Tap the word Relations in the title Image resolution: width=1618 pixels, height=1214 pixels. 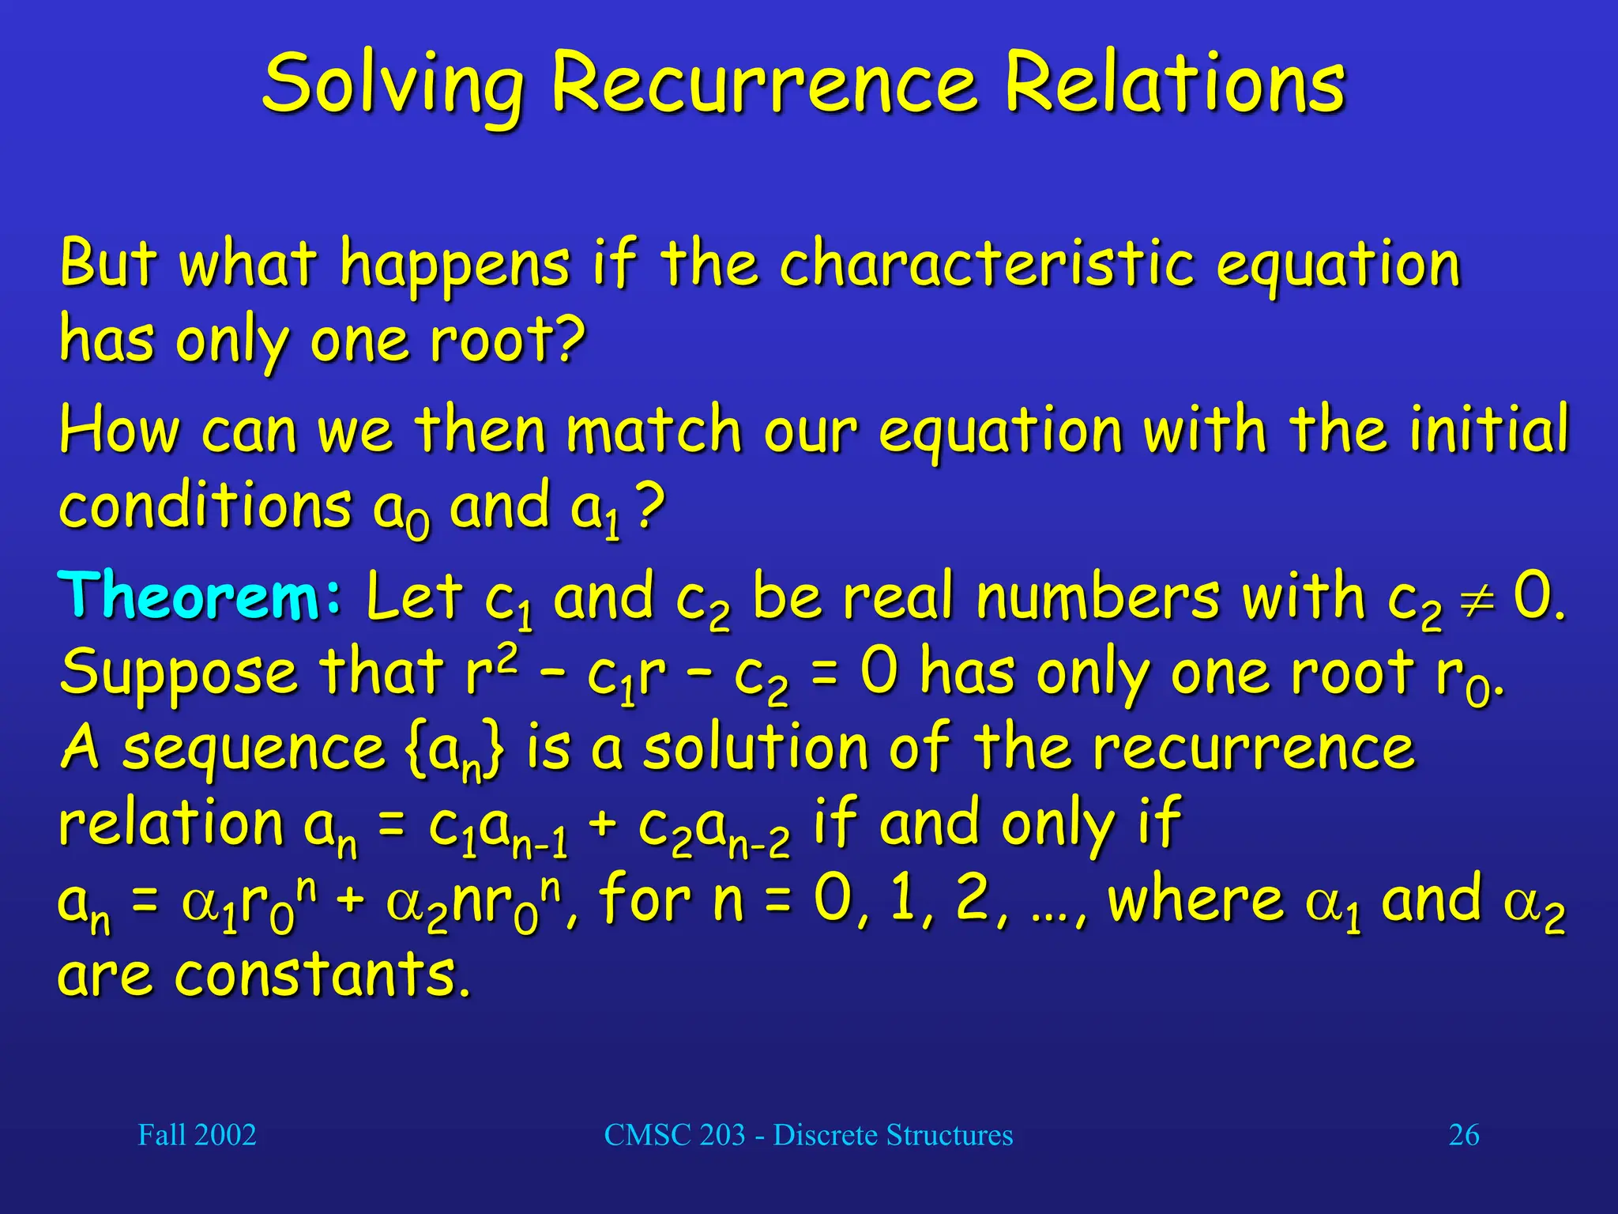[1174, 84]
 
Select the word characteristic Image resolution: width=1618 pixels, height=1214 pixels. [987, 264]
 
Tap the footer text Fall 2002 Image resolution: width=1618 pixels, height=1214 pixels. [197, 1135]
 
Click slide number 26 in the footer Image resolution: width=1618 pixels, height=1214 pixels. [1463, 1135]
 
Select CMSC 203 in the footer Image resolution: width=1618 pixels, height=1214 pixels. [675, 1135]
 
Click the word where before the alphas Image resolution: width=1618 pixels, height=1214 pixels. [1195, 901]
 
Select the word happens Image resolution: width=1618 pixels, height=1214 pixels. [454, 266]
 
